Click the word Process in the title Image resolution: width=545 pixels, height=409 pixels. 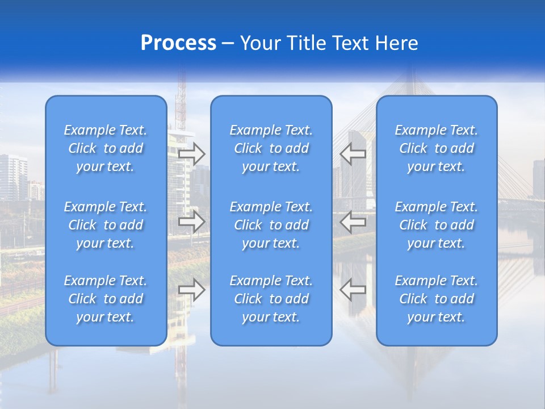178,43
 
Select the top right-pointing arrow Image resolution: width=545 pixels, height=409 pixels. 192,154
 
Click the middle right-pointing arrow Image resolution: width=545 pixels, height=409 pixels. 192,222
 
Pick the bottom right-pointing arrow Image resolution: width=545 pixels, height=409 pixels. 192,290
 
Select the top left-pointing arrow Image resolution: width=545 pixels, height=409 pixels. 353,153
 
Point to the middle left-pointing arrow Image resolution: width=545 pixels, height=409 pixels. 353,222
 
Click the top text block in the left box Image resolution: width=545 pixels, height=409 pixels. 106,148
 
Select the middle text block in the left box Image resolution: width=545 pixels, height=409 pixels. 106,225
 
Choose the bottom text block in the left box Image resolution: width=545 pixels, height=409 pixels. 106,299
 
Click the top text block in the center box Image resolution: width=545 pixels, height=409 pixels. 271,148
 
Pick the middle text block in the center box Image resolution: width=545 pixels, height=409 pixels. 271,225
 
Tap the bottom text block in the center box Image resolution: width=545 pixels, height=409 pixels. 271,299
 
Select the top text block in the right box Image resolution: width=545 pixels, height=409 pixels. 436,148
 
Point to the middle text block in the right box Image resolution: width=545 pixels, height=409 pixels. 436,225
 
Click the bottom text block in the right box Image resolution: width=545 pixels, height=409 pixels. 436,299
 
